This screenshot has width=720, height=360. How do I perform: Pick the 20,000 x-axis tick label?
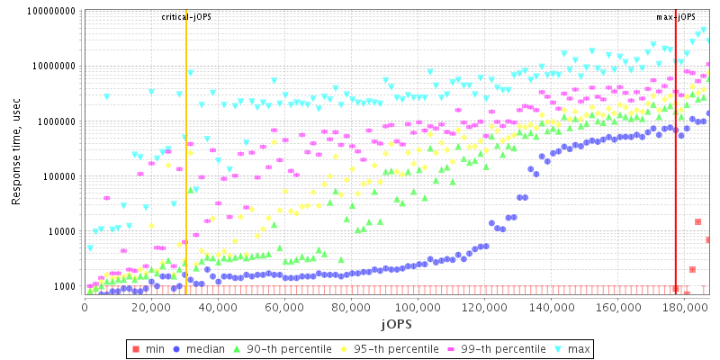click(151, 308)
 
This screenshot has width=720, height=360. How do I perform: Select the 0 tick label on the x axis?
click(85, 308)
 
